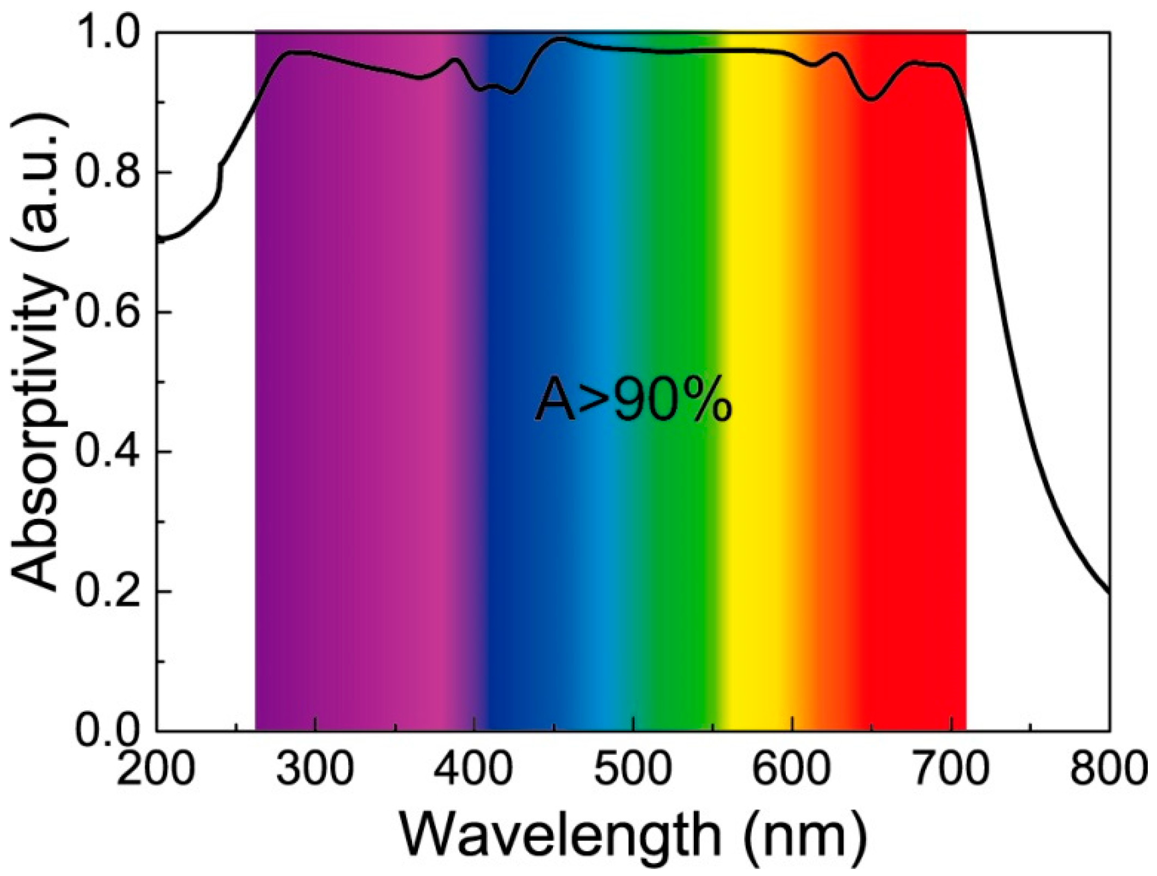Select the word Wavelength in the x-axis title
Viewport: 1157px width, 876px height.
click(561, 837)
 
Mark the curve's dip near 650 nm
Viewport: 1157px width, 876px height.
click(872, 100)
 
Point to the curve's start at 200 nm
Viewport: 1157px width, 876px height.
click(158, 238)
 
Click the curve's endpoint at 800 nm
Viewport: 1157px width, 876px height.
click(1108, 592)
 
